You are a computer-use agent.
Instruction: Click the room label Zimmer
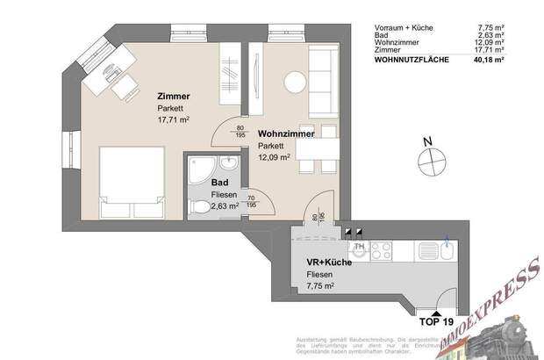click(173, 97)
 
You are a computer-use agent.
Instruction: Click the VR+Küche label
click(326, 263)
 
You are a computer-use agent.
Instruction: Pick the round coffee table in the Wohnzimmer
click(293, 82)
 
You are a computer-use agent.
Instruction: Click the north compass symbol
click(429, 162)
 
